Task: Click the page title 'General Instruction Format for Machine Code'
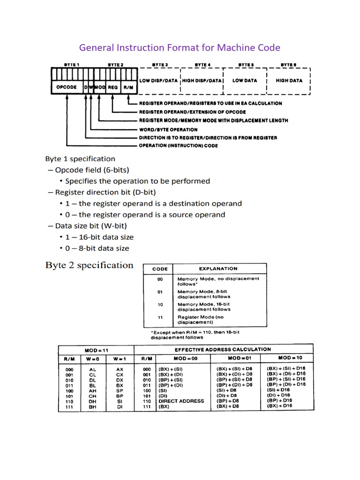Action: tap(180, 48)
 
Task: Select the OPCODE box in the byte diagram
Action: tap(66, 87)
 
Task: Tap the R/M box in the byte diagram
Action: tap(128, 87)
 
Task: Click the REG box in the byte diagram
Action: tap(113, 87)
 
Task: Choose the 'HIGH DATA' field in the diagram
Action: tap(289, 81)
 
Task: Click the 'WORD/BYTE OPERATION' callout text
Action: tap(168, 129)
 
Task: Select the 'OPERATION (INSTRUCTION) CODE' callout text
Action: tap(178, 146)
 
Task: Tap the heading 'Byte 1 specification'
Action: tap(80, 159)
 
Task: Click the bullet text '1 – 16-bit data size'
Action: tap(99, 237)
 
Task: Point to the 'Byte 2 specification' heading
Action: tap(89, 265)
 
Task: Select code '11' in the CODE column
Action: tap(160, 317)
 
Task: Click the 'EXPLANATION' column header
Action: tap(218, 269)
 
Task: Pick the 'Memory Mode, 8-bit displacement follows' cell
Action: tap(204, 294)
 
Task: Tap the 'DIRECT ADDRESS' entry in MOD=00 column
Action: tap(181, 401)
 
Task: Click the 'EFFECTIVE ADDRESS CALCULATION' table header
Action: tap(223, 349)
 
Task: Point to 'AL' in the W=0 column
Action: tap(92, 369)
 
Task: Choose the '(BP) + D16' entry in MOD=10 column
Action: tap(279, 401)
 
